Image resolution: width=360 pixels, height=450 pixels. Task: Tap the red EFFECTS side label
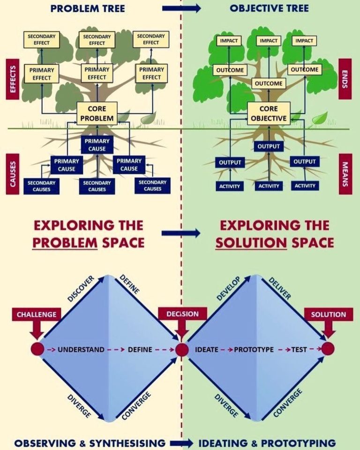(13, 79)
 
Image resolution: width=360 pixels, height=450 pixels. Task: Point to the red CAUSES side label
(13, 172)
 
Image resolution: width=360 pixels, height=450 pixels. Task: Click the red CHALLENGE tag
(36, 315)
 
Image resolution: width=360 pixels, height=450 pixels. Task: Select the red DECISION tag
(182, 314)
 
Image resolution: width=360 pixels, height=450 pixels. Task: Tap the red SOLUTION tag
(328, 315)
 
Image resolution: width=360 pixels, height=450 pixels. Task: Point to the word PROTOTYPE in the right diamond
(254, 349)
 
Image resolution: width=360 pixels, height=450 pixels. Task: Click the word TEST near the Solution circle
(299, 349)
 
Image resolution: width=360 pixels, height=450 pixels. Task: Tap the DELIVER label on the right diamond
(280, 288)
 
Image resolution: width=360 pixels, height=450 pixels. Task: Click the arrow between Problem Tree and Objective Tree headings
(181, 8)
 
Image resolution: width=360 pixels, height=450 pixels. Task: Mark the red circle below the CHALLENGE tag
(37, 349)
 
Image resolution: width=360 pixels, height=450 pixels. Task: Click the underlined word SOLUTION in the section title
(251, 242)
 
